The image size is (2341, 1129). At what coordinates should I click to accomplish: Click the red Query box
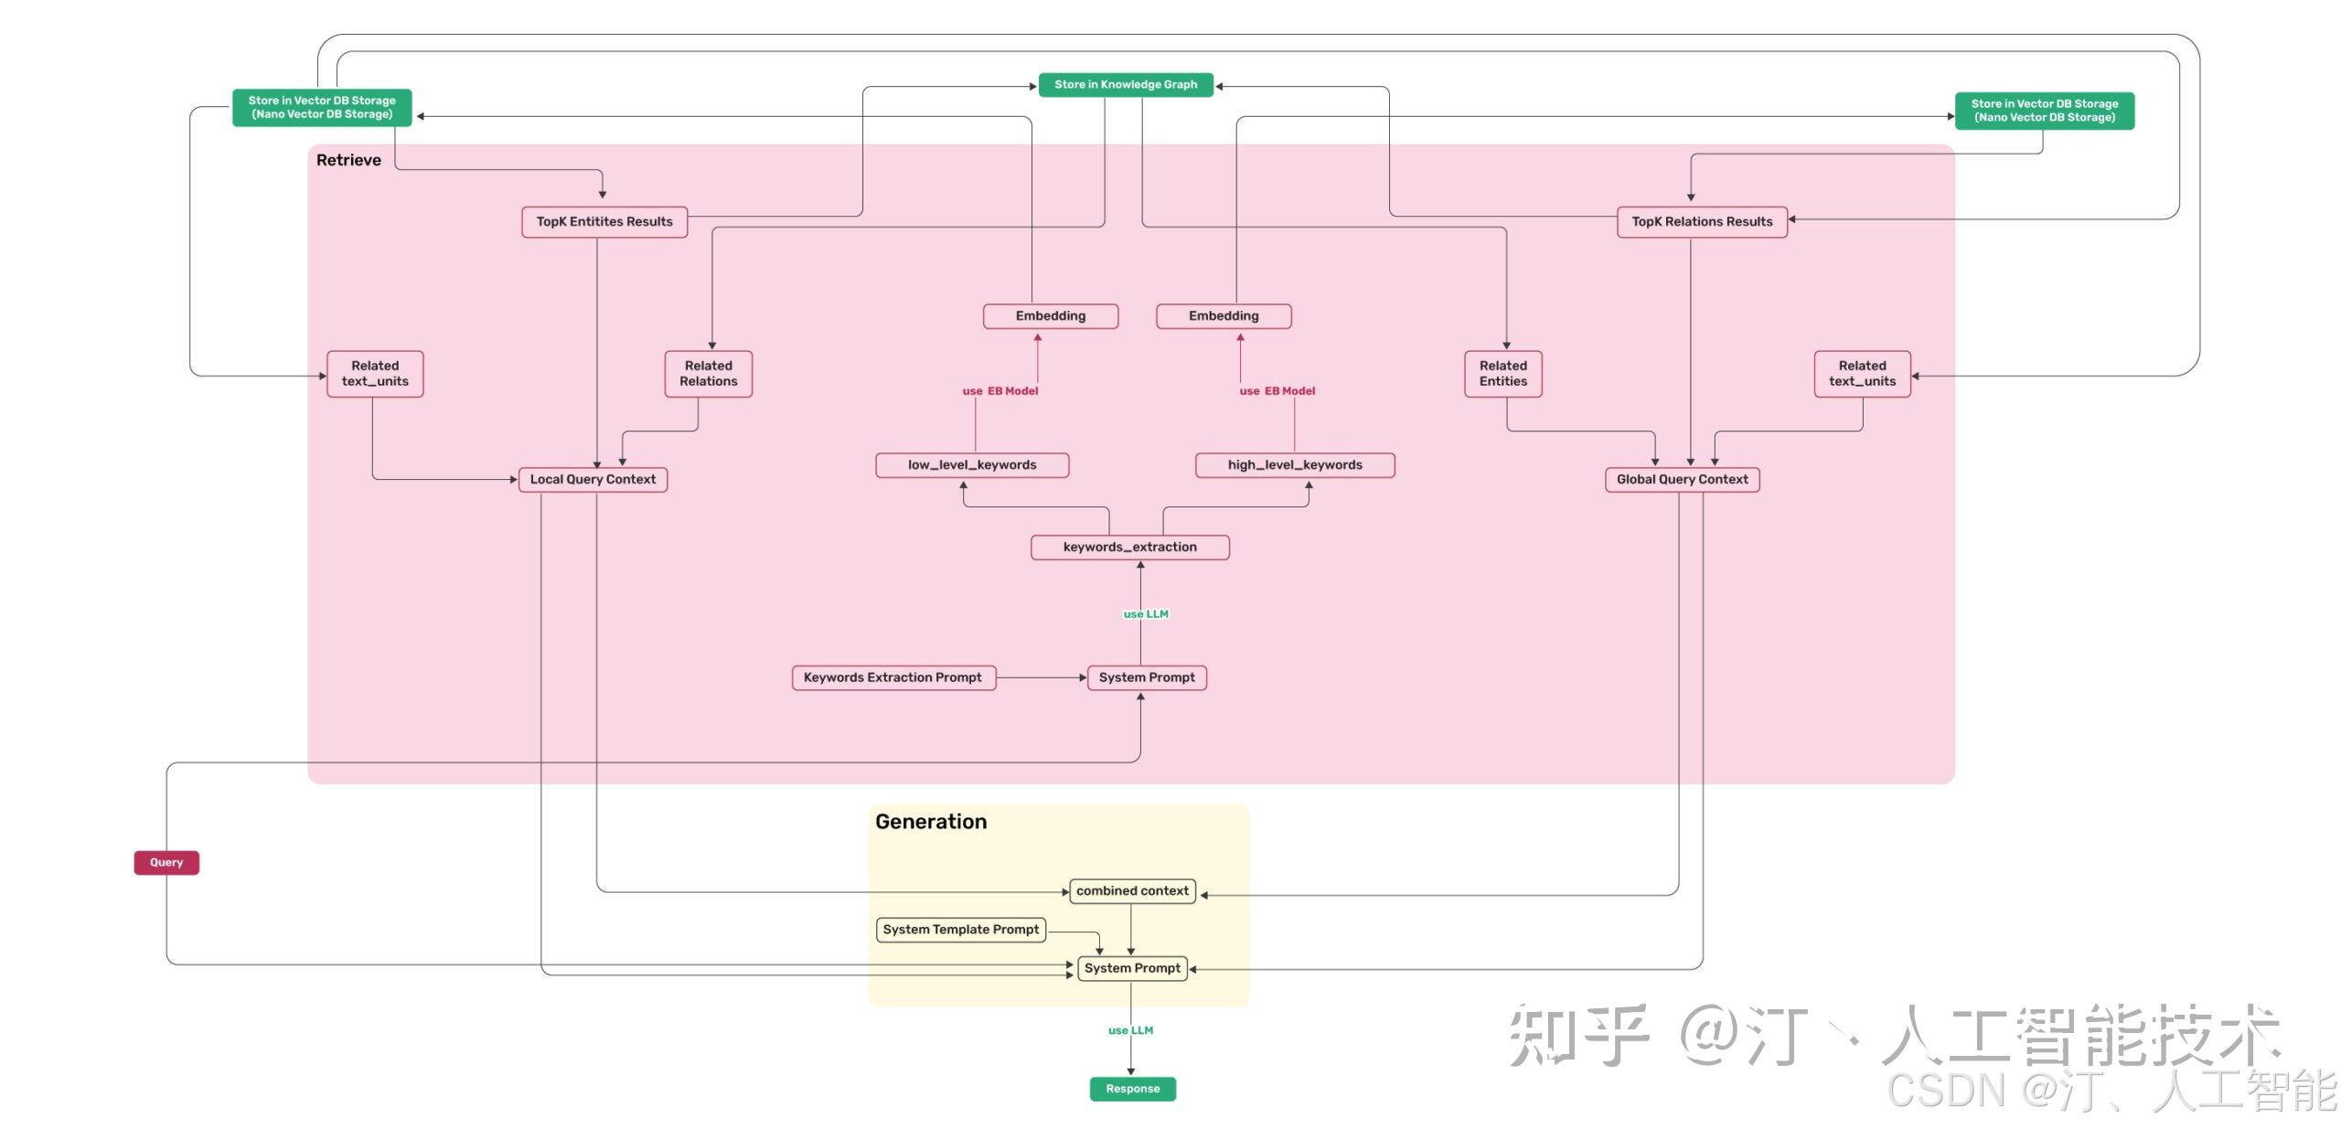(166, 862)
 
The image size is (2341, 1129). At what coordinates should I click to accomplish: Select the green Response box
(1132, 1088)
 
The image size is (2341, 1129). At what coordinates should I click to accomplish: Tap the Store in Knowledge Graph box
(1125, 84)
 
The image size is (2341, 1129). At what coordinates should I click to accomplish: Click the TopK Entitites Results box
(604, 221)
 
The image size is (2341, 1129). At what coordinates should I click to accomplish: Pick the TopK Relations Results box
(1701, 221)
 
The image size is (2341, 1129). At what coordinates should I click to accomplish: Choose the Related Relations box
(708, 373)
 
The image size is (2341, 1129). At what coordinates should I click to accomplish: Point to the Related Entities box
(1502, 373)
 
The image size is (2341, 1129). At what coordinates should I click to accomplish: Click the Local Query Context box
(593, 479)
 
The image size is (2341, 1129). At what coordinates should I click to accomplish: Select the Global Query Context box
(1682, 479)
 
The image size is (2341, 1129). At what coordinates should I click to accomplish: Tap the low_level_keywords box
(971, 464)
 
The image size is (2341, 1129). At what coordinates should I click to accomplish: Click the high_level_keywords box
(1294, 464)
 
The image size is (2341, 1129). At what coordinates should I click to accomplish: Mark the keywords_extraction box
(1129, 547)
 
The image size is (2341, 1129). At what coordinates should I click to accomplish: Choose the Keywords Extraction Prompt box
(893, 677)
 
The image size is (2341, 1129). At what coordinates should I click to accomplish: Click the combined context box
(1132, 890)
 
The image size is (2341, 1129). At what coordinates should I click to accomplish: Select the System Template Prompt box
(960, 929)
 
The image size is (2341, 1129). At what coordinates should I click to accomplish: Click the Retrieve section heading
(348, 160)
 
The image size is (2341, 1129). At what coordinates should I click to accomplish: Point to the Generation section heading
(931, 821)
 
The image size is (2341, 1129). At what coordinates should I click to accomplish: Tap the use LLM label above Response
(1130, 1030)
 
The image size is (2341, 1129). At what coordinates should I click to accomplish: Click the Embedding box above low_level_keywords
(1050, 315)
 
